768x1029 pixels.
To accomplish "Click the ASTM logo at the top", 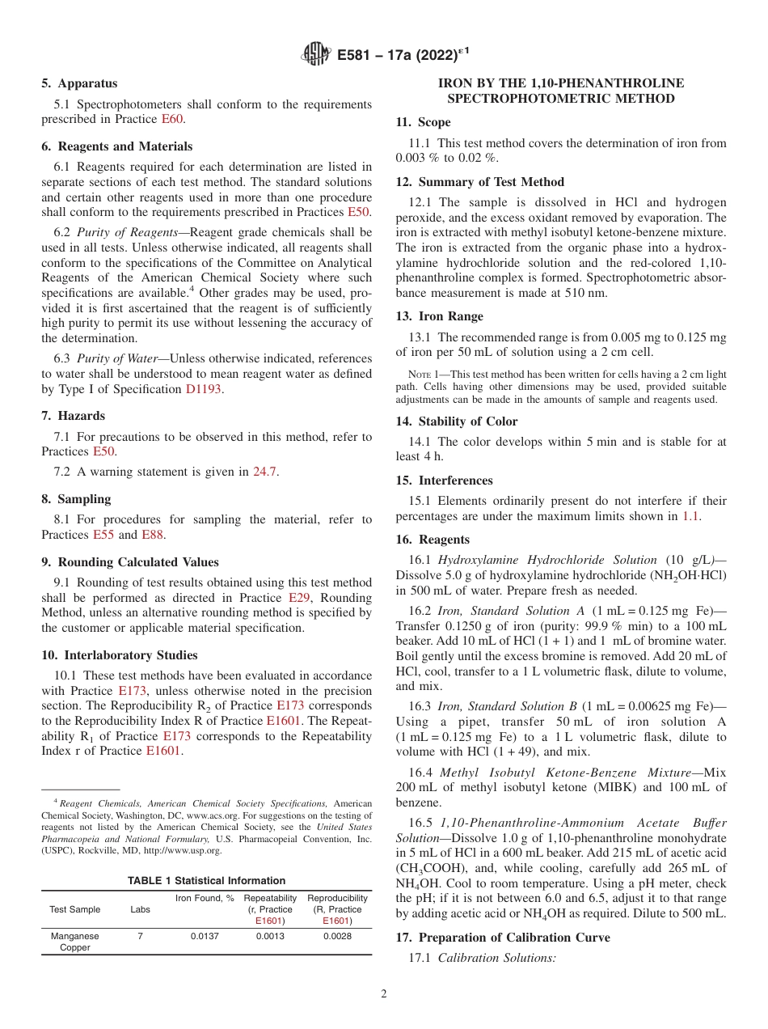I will point(315,54).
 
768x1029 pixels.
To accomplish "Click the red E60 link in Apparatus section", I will point(173,119).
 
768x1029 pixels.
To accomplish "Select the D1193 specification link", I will point(203,388).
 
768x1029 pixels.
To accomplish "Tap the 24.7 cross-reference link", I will point(265,472).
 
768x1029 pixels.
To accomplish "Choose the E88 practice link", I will point(153,535).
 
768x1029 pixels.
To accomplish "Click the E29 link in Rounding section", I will point(299,598).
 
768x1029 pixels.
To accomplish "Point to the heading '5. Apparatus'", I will point(79,83).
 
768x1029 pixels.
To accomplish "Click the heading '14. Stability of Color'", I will point(457,421).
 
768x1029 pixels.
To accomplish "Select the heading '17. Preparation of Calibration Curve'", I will point(503,938).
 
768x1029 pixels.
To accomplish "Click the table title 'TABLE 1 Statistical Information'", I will point(206,880).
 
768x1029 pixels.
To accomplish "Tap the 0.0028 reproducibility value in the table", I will point(337,936).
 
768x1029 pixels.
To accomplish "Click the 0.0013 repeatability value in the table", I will point(270,936).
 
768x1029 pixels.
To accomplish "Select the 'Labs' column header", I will point(140,909).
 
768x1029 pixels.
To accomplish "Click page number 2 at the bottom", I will point(384,994).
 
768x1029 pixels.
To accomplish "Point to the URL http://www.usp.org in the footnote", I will point(182,850).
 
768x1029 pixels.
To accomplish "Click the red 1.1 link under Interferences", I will point(691,515).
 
